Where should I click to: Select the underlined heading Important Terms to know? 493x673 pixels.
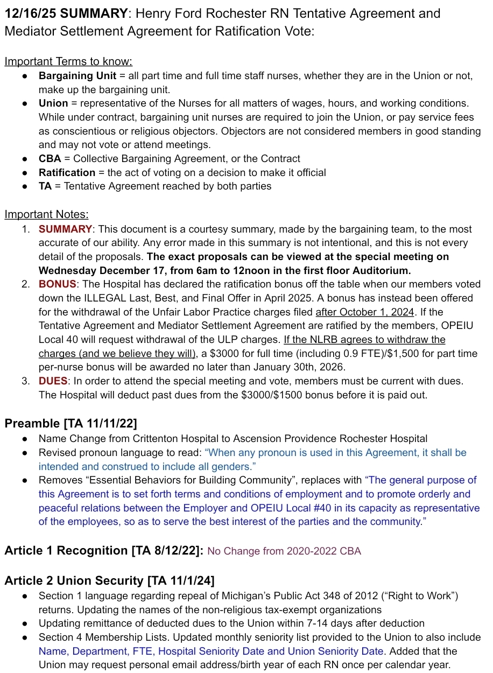tap(68, 62)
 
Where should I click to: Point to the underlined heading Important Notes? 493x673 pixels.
tap(46, 215)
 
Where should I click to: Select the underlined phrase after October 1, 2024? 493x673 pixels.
tap(365, 312)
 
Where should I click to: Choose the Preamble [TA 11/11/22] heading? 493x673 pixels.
tap(71, 424)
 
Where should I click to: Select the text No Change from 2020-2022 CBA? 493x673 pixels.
tap(284, 551)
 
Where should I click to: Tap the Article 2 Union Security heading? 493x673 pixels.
tap(109, 581)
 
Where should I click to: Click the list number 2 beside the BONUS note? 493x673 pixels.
tap(25, 284)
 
